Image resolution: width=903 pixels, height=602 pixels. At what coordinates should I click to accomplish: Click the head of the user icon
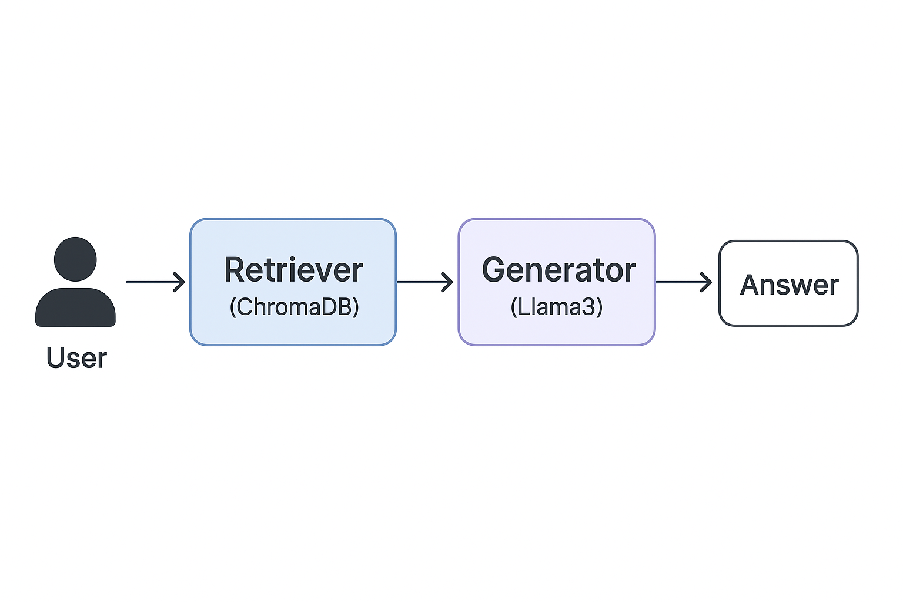click(x=75, y=259)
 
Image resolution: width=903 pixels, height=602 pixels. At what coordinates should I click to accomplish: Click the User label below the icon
click(x=76, y=358)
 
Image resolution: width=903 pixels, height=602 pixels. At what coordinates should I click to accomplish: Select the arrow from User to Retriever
click(x=154, y=282)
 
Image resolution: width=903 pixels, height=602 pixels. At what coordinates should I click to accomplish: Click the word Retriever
click(x=293, y=270)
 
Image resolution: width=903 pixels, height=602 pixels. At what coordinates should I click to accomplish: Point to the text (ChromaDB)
click(x=294, y=307)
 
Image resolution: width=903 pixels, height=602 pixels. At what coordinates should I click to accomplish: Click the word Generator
click(x=558, y=270)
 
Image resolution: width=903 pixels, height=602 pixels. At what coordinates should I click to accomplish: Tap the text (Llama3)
click(x=556, y=307)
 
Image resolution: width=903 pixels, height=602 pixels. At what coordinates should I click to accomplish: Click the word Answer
click(x=789, y=285)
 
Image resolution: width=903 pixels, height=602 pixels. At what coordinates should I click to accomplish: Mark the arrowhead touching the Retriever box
click(x=179, y=282)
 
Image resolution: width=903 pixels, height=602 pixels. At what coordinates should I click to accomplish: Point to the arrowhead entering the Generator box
click(x=447, y=282)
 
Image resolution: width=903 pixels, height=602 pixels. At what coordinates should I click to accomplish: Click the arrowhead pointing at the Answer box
click(x=705, y=282)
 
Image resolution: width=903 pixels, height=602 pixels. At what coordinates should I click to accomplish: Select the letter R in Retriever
click(x=235, y=270)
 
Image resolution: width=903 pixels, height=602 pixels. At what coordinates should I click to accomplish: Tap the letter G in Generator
click(x=494, y=270)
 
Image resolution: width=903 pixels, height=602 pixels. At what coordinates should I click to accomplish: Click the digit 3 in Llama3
click(x=589, y=307)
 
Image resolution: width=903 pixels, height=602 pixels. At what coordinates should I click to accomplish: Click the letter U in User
click(x=56, y=358)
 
